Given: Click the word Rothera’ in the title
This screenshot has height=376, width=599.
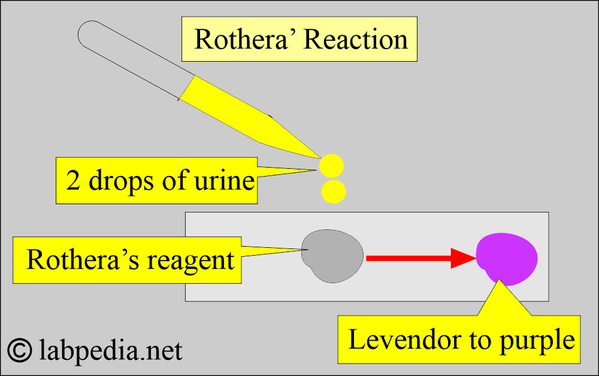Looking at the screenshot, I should tap(245, 40).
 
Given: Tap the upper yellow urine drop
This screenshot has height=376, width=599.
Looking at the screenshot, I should tap(331, 165).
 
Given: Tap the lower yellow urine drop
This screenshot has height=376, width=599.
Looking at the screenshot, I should tap(333, 191).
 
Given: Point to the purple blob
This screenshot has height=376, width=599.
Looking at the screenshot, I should tap(507, 257).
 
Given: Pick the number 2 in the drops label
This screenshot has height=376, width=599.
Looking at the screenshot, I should tap(74, 180).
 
